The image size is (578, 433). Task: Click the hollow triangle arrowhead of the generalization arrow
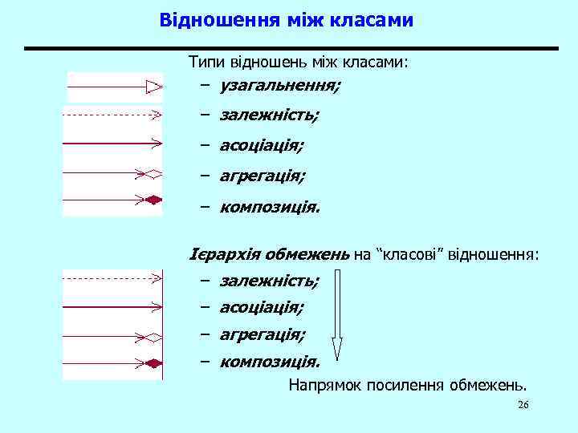point(153,86)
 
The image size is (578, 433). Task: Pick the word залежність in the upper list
point(268,115)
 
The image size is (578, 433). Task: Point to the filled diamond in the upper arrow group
point(153,199)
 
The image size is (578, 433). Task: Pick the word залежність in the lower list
point(268,281)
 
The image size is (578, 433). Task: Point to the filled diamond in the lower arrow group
point(153,363)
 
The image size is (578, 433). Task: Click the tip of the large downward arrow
point(337,356)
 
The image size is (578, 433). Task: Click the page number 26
point(523,405)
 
